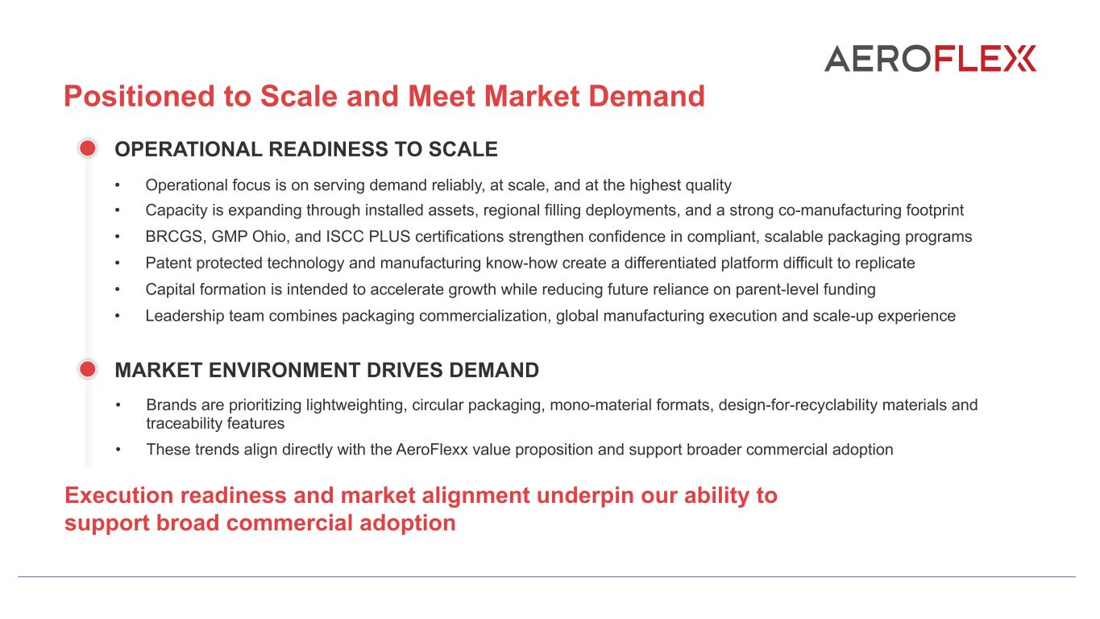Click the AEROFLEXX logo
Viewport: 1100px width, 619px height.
(930, 59)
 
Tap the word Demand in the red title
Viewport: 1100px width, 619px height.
(647, 96)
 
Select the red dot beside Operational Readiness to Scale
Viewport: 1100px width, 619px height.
(88, 148)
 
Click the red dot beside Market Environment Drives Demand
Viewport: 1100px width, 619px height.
(88, 369)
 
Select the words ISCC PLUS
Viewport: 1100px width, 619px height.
(367, 236)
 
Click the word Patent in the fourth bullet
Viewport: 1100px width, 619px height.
(168, 263)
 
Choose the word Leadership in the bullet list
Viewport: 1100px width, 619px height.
(185, 316)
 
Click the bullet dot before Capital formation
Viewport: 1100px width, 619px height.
(118, 289)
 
